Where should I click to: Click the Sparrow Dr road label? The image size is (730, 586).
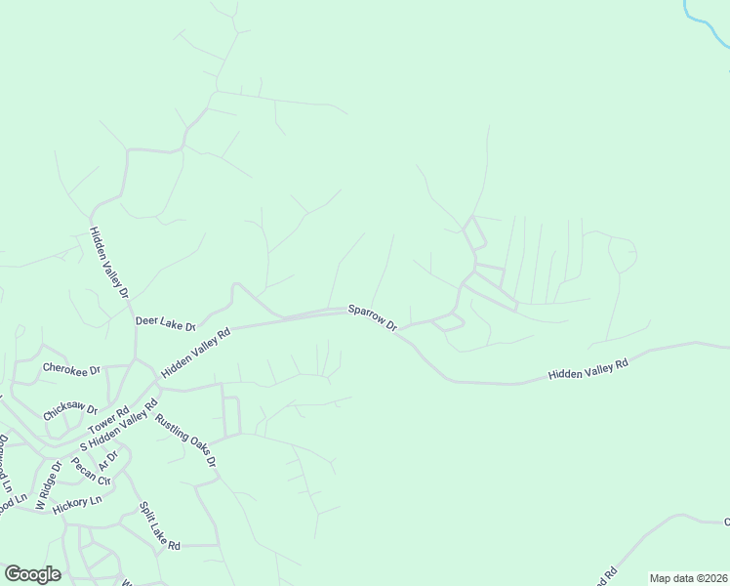click(x=374, y=317)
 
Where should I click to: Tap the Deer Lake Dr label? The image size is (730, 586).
click(x=165, y=321)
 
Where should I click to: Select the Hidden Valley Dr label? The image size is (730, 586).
click(x=109, y=262)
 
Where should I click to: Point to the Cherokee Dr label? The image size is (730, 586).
click(x=72, y=370)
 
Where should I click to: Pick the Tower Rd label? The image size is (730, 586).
click(x=109, y=422)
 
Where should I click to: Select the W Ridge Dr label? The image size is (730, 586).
click(x=48, y=485)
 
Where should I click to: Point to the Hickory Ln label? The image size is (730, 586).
click(x=77, y=502)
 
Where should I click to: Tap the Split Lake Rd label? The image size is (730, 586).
click(x=159, y=527)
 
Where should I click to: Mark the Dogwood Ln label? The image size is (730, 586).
click(x=5, y=463)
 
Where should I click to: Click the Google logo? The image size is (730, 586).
click(x=32, y=574)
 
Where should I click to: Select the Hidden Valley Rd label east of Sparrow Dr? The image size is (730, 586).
click(x=588, y=368)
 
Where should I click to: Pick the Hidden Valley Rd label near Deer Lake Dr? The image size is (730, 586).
click(x=195, y=353)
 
